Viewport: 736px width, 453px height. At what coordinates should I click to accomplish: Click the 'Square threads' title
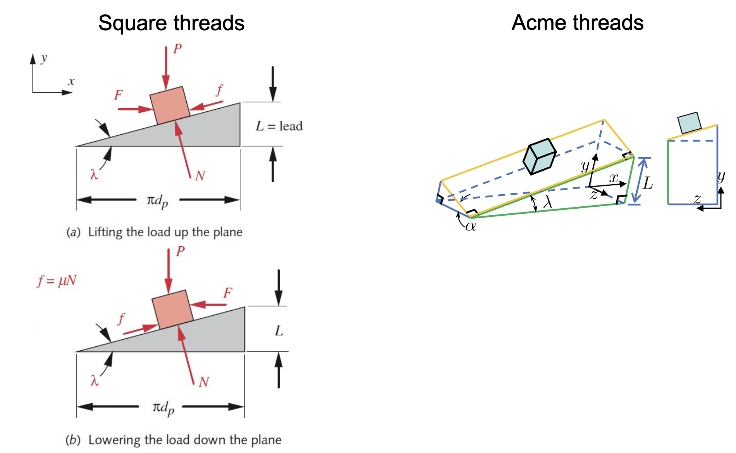click(171, 23)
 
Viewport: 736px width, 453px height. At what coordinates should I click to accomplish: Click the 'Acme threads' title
click(577, 22)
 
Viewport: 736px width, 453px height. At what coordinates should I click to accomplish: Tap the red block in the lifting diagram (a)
click(170, 105)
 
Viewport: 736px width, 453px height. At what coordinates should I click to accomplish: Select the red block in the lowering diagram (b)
click(172, 309)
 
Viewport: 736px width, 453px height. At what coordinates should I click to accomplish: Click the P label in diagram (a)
click(177, 49)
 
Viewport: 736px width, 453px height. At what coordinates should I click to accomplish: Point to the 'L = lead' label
click(279, 126)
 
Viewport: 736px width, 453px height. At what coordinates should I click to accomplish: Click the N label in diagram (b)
click(204, 382)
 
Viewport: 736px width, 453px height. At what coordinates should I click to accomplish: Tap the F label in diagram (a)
click(119, 95)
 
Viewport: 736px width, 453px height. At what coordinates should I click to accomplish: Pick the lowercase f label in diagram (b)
click(121, 319)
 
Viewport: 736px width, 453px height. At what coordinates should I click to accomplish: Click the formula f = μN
click(57, 280)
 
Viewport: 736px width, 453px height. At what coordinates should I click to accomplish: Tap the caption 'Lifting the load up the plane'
click(165, 232)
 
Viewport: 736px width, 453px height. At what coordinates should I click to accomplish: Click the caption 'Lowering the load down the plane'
click(184, 440)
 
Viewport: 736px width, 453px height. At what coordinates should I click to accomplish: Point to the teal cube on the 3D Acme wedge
click(539, 156)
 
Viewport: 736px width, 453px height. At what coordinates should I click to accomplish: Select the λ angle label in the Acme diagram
click(547, 202)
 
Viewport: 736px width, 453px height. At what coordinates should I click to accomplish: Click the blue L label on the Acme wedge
click(648, 183)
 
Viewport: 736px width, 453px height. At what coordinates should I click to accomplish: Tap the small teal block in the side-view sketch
click(689, 123)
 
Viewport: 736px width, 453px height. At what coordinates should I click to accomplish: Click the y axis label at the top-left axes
click(44, 58)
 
